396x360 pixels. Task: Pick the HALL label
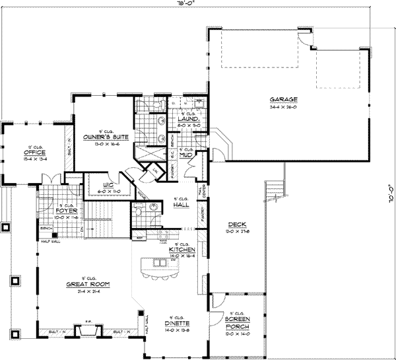[180, 205]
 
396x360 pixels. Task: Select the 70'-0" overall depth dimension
[390, 196]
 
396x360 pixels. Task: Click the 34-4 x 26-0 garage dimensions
[284, 106]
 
